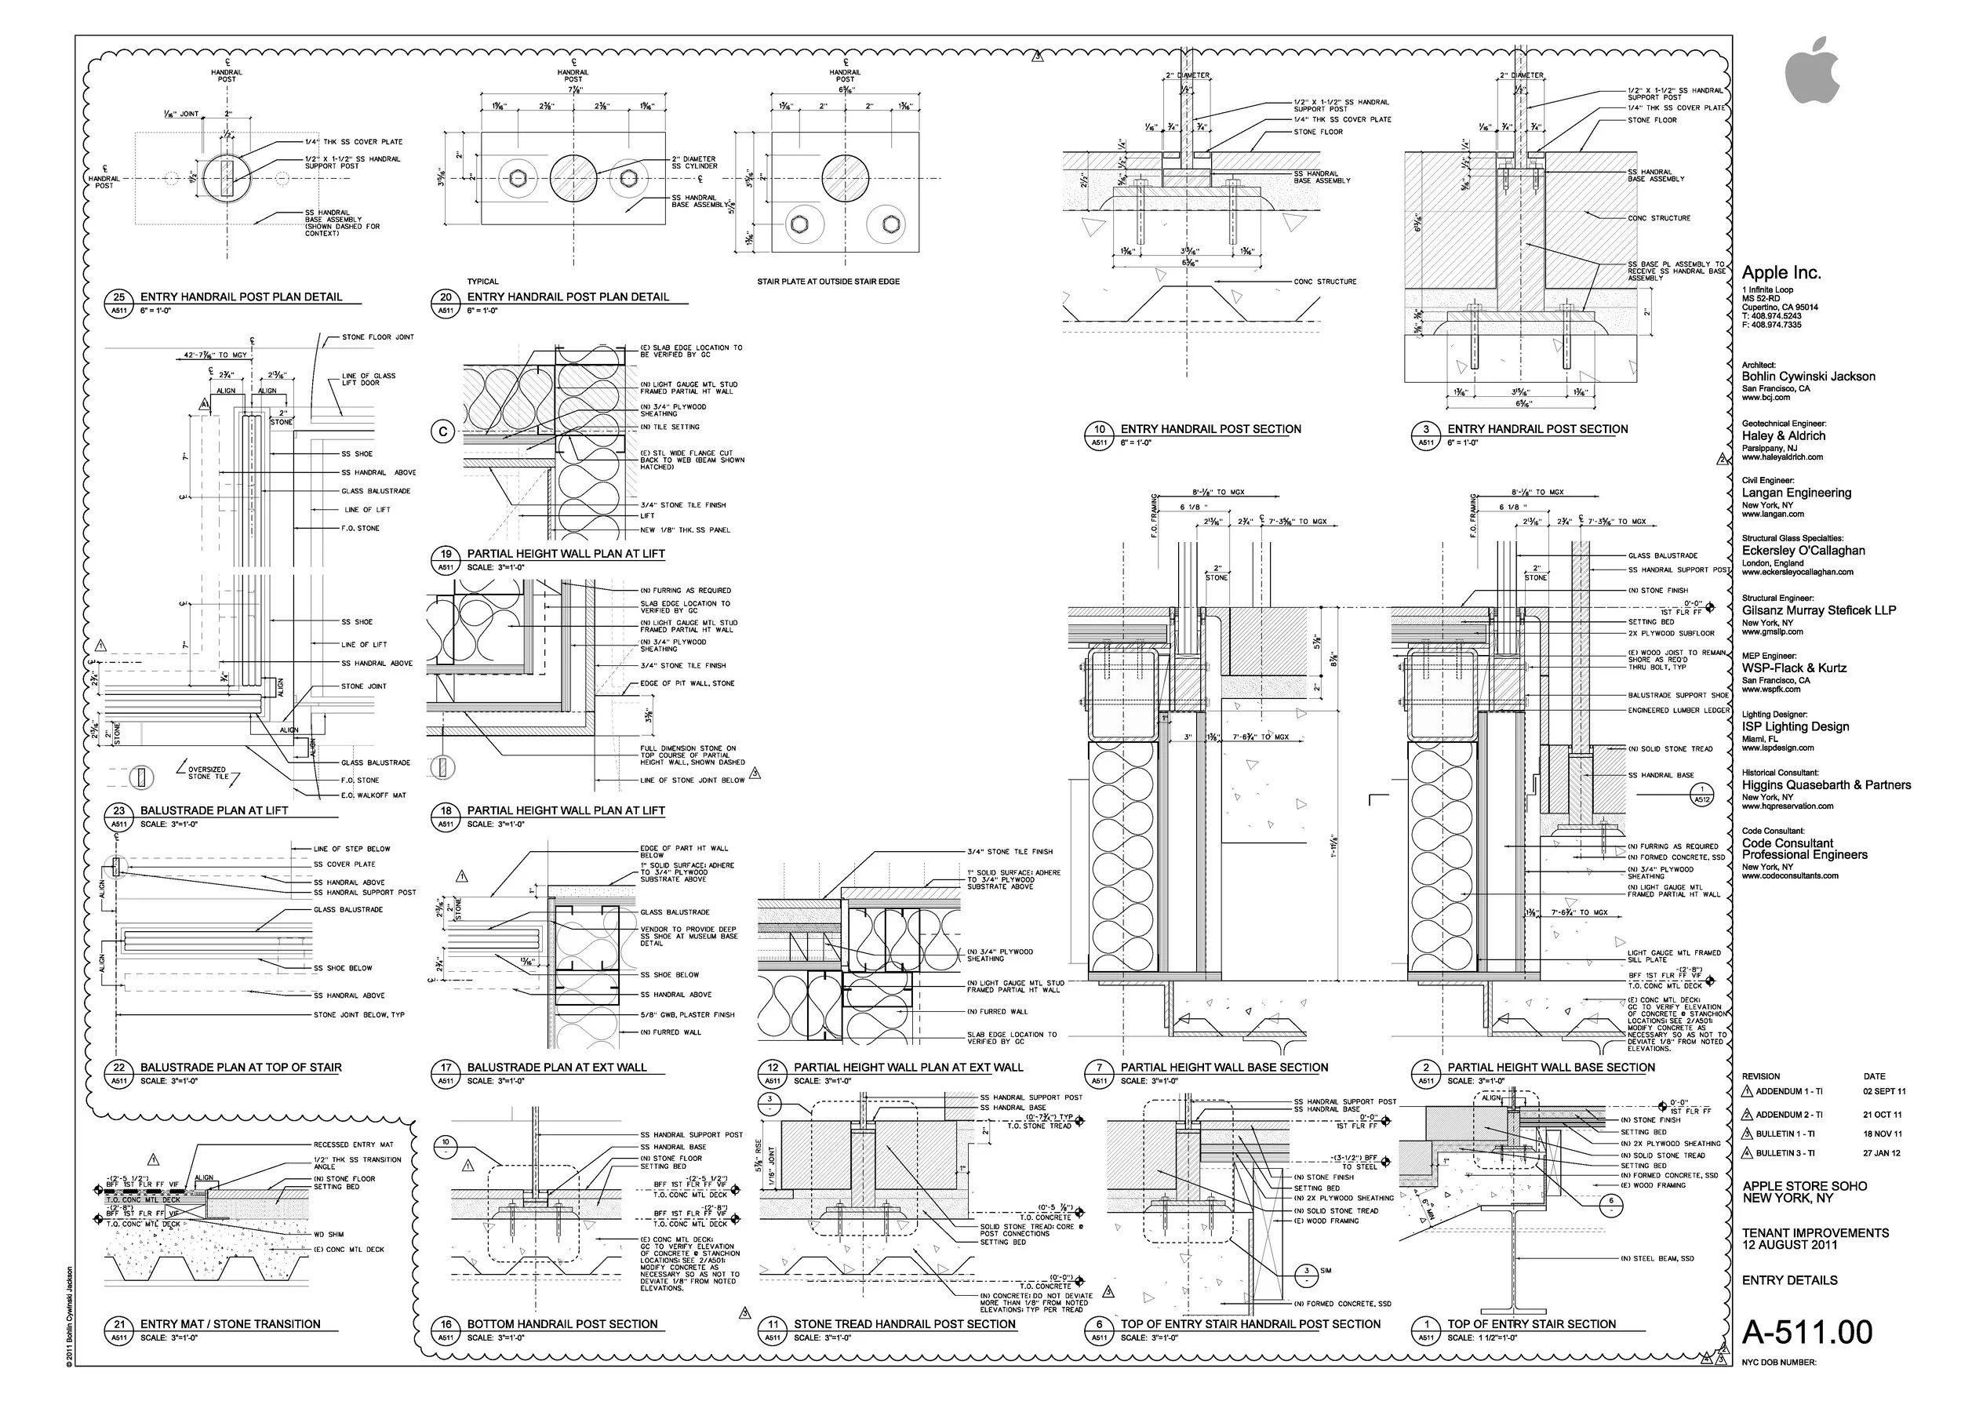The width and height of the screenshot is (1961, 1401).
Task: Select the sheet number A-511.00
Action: (x=1806, y=1333)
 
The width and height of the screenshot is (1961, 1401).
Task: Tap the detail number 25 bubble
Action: (x=119, y=297)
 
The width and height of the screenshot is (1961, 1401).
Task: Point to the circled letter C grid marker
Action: (x=442, y=432)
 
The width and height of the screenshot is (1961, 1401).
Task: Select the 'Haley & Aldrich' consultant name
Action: (x=1783, y=435)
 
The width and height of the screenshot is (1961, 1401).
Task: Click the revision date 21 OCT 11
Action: (x=1882, y=1115)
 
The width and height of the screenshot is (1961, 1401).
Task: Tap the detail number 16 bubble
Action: (x=446, y=1324)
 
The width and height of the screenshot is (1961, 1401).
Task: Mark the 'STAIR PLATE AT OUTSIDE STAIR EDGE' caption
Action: (x=828, y=282)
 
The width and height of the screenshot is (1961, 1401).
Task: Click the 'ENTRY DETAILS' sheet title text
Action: (x=1789, y=1280)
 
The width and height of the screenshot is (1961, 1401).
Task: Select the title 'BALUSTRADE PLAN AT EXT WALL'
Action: (x=556, y=1067)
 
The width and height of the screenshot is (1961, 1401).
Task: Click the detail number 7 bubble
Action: (x=1099, y=1067)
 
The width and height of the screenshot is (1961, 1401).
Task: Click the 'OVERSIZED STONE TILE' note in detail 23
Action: (x=207, y=773)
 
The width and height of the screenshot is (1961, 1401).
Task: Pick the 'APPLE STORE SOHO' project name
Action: (x=1804, y=1186)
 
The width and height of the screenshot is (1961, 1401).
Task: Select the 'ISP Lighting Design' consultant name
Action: (x=1795, y=726)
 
